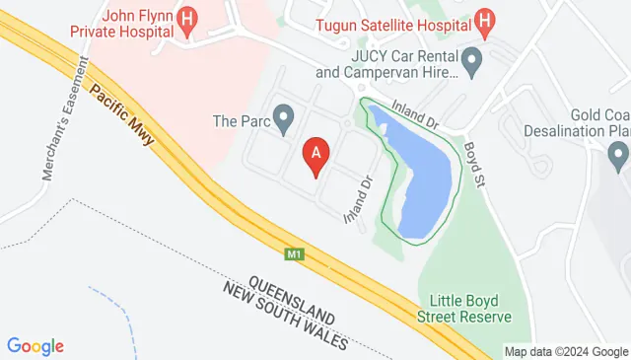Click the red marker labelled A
(315, 154)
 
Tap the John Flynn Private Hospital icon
(188, 19)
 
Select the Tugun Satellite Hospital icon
(483, 19)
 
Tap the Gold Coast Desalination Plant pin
(618, 154)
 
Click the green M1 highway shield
(294, 254)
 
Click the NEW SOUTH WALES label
(286, 315)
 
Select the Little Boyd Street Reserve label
(470, 309)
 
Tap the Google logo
(35, 345)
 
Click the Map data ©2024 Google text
(565, 351)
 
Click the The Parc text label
(241, 122)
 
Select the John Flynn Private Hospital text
(114, 22)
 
